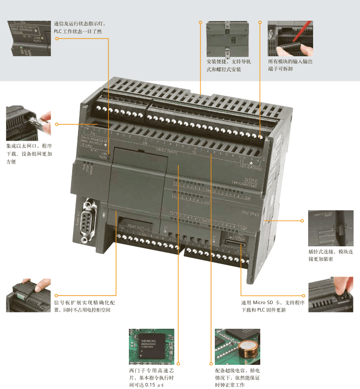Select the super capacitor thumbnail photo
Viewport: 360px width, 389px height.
coord(237,346)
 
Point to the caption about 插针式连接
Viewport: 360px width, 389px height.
coord(330,255)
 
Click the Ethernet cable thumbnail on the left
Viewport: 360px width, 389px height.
coord(28,123)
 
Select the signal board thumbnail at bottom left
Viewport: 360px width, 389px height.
coord(28,296)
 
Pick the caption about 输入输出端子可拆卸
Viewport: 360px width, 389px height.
coord(290,66)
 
